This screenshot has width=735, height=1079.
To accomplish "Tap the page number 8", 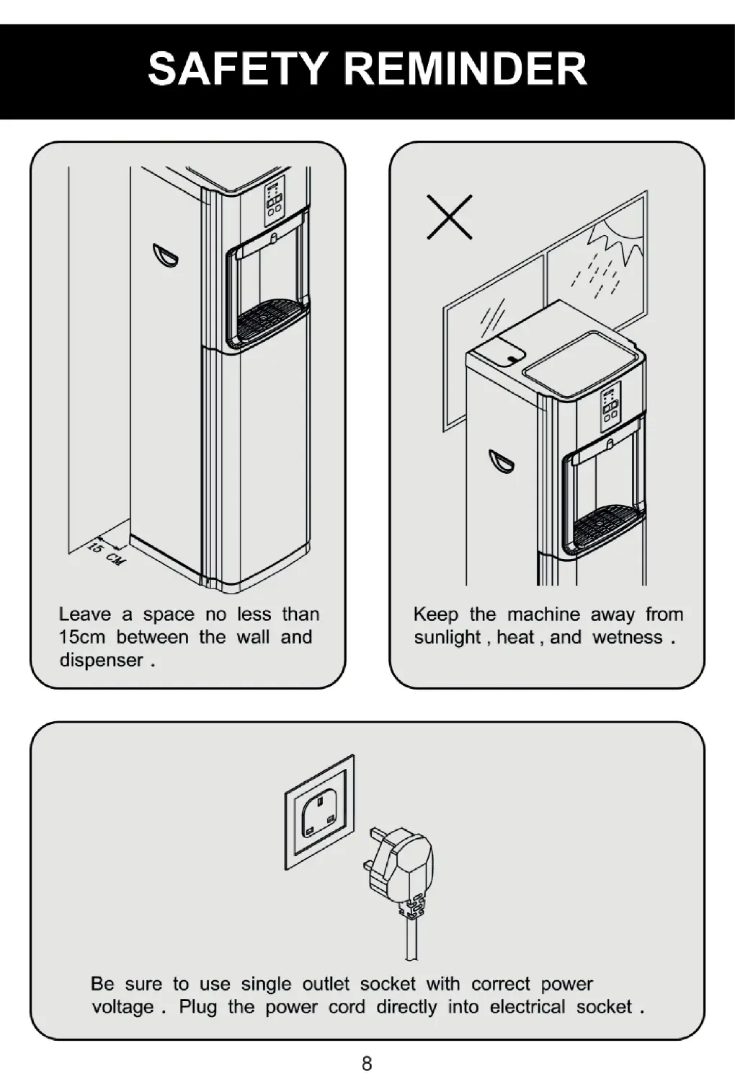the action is (x=367, y=1062).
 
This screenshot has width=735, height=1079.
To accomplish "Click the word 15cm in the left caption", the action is (x=81, y=638).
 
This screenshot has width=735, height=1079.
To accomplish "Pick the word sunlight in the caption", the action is (x=447, y=638).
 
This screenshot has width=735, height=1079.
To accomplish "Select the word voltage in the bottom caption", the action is (x=122, y=1007).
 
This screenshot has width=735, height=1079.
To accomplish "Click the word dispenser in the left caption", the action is (x=100, y=661).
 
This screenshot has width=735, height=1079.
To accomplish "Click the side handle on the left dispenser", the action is (x=164, y=255).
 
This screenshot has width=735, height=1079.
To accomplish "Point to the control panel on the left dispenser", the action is (x=274, y=199).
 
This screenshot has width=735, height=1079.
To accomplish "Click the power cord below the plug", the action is (x=411, y=938).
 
